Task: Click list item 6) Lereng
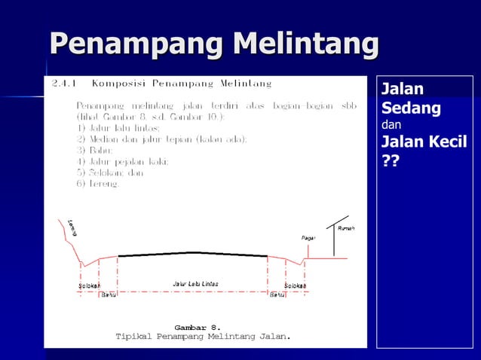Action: [98, 184]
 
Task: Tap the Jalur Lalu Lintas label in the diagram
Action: [195, 284]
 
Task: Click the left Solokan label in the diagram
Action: [90, 286]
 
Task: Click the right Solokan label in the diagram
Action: [295, 286]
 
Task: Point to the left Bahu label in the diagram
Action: [109, 294]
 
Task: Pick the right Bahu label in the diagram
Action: [277, 294]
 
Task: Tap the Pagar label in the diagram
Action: [308, 237]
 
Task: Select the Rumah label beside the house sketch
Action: [346, 228]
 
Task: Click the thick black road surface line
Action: [194, 254]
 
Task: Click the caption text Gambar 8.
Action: [198, 328]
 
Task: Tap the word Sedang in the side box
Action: [411, 108]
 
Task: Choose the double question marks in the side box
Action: [391, 162]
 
